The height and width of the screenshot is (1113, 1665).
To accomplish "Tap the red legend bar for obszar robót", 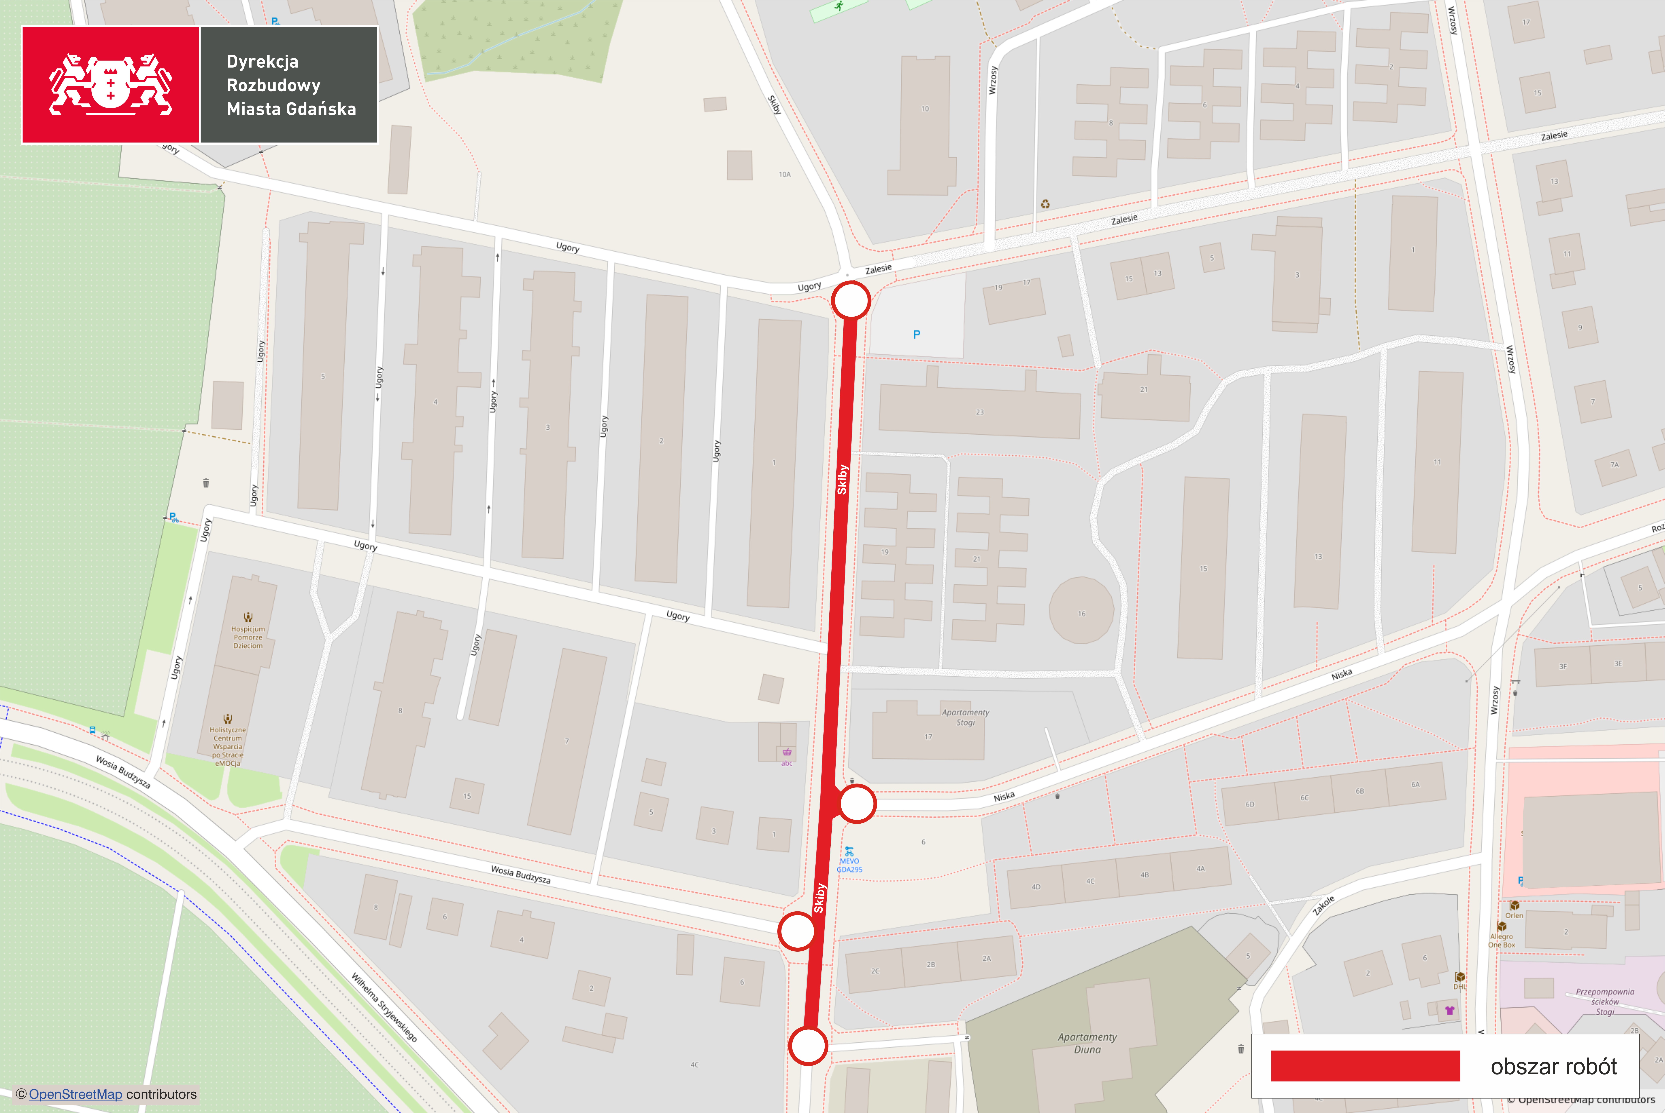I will pos(1365,1066).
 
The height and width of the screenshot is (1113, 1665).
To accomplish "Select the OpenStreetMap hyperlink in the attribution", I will pos(75,1094).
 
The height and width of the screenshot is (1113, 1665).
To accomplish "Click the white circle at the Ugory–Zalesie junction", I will pos(851,301).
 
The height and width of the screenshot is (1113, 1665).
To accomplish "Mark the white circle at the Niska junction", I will pos(857,803).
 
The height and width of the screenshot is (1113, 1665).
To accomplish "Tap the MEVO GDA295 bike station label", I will pos(849,864).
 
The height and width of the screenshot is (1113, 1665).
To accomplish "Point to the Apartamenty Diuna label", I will pos(1087,1043).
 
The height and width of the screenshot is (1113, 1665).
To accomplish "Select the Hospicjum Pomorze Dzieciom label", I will pos(248,637).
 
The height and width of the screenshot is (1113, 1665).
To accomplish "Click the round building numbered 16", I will pos(1081,610).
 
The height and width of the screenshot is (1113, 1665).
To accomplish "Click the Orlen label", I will pos(1514,915).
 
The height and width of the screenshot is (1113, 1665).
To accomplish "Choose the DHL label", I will pos(1459,986).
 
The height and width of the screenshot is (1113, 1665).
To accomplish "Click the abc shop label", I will pos(787,763).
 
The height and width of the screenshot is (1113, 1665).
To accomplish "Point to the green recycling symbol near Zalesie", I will pos(1045,204).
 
